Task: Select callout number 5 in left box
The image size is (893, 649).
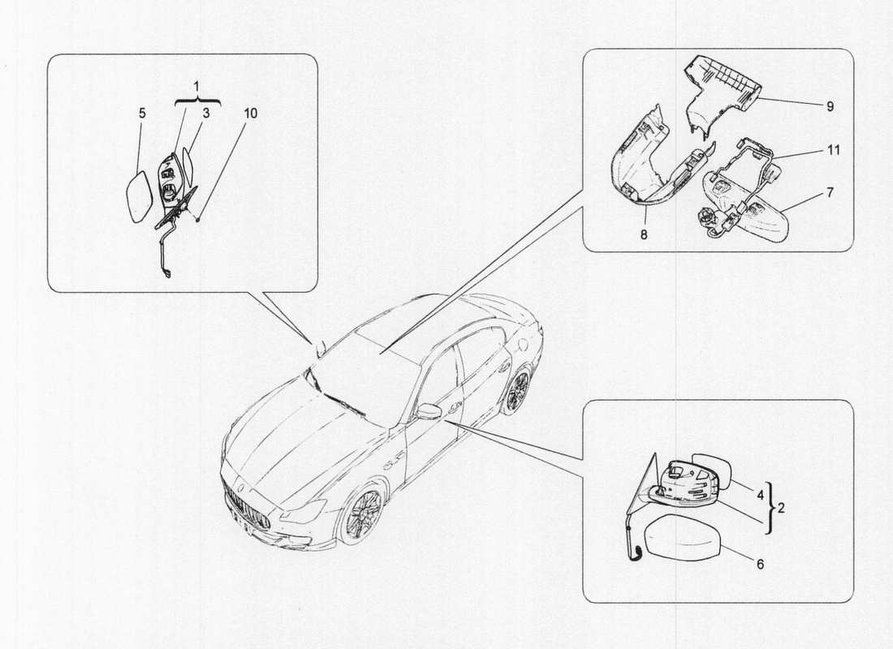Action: click(142, 114)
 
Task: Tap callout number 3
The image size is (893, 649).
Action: click(206, 114)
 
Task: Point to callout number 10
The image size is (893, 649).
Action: click(250, 114)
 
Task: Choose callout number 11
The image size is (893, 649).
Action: click(834, 150)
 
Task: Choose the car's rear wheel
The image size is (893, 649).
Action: click(517, 392)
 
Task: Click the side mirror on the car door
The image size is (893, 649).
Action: click(429, 411)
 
